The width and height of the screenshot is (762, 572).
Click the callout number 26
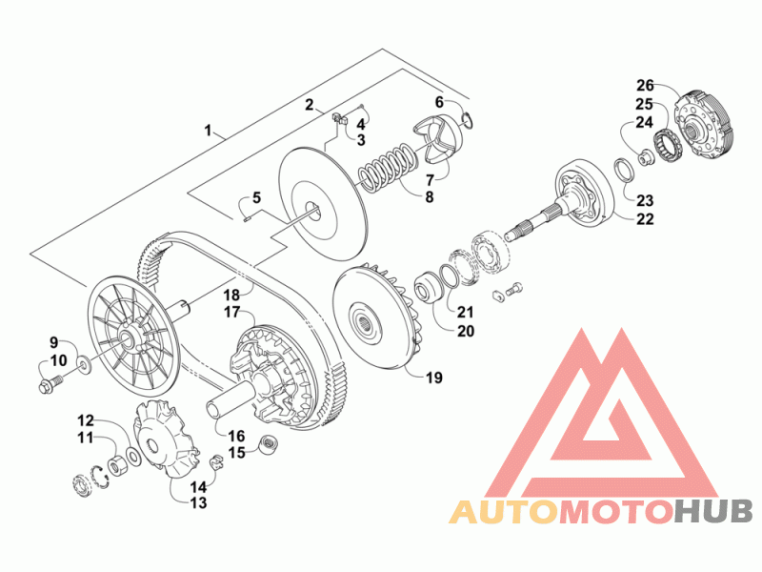[x=646, y=86]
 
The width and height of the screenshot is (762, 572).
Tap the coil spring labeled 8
[x=388, y=165]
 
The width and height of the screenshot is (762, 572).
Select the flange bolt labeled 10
[x=49, y=384]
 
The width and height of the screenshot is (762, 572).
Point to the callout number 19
[x=434, y=378]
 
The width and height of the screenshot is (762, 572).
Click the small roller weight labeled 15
[x=269, y=445]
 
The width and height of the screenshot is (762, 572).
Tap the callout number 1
[x=208, y=131]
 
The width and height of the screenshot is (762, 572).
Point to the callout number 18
[x=231, y=296]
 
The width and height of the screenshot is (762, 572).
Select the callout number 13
[x=198, y=503]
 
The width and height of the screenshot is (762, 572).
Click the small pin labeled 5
[x=246, y=218]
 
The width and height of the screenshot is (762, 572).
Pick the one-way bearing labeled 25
[x=668, y=144]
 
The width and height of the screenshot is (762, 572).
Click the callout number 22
[x=646, y=219]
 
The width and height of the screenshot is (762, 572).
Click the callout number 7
[x=430, y=180]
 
